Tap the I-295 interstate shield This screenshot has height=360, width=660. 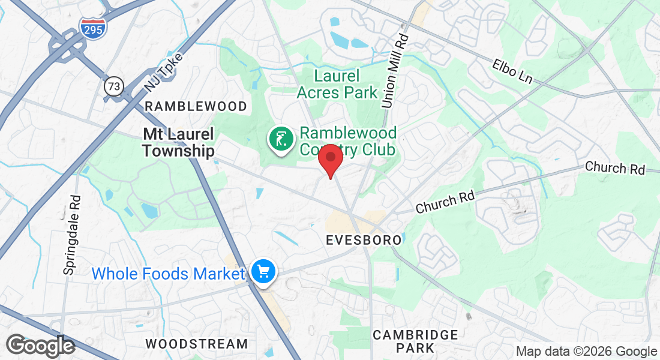click(92, 27)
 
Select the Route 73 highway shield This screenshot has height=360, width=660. click(113, 86)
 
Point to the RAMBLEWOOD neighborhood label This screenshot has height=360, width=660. click(196, 107)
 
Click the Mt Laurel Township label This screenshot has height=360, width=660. click(178, 142)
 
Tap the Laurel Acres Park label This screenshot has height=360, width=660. click(337, 84)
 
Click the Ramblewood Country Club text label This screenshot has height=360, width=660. click(348, 140)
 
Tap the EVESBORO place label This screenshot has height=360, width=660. click(364, 240)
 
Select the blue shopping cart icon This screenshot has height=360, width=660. click(263, 271)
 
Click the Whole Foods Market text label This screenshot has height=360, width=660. click(168, 274)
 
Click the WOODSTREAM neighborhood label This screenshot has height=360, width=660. click(197, 344)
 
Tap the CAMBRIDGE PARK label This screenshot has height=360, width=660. click(415, 341)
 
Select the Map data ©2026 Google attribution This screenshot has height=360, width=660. click(586, 352)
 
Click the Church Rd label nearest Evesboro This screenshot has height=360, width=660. click(445, 202)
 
